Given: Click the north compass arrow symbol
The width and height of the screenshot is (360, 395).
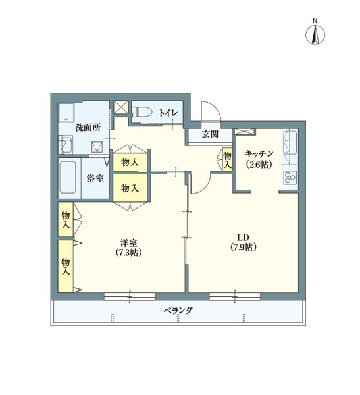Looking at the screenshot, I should [x=315, y=34].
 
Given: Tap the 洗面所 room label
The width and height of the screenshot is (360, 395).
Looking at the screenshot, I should [x=88, y=128].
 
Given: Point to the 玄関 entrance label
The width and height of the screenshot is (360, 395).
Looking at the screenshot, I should [x=210, y=134].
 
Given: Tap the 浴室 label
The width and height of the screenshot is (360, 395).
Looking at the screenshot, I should [x=95, y=178].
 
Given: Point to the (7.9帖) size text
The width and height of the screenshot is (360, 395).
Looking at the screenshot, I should [x=244, y=248].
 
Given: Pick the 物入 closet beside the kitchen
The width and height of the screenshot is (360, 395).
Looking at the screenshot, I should [x=228, y=159].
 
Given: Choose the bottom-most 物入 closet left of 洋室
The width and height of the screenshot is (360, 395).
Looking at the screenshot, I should [x=66, y=265].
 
